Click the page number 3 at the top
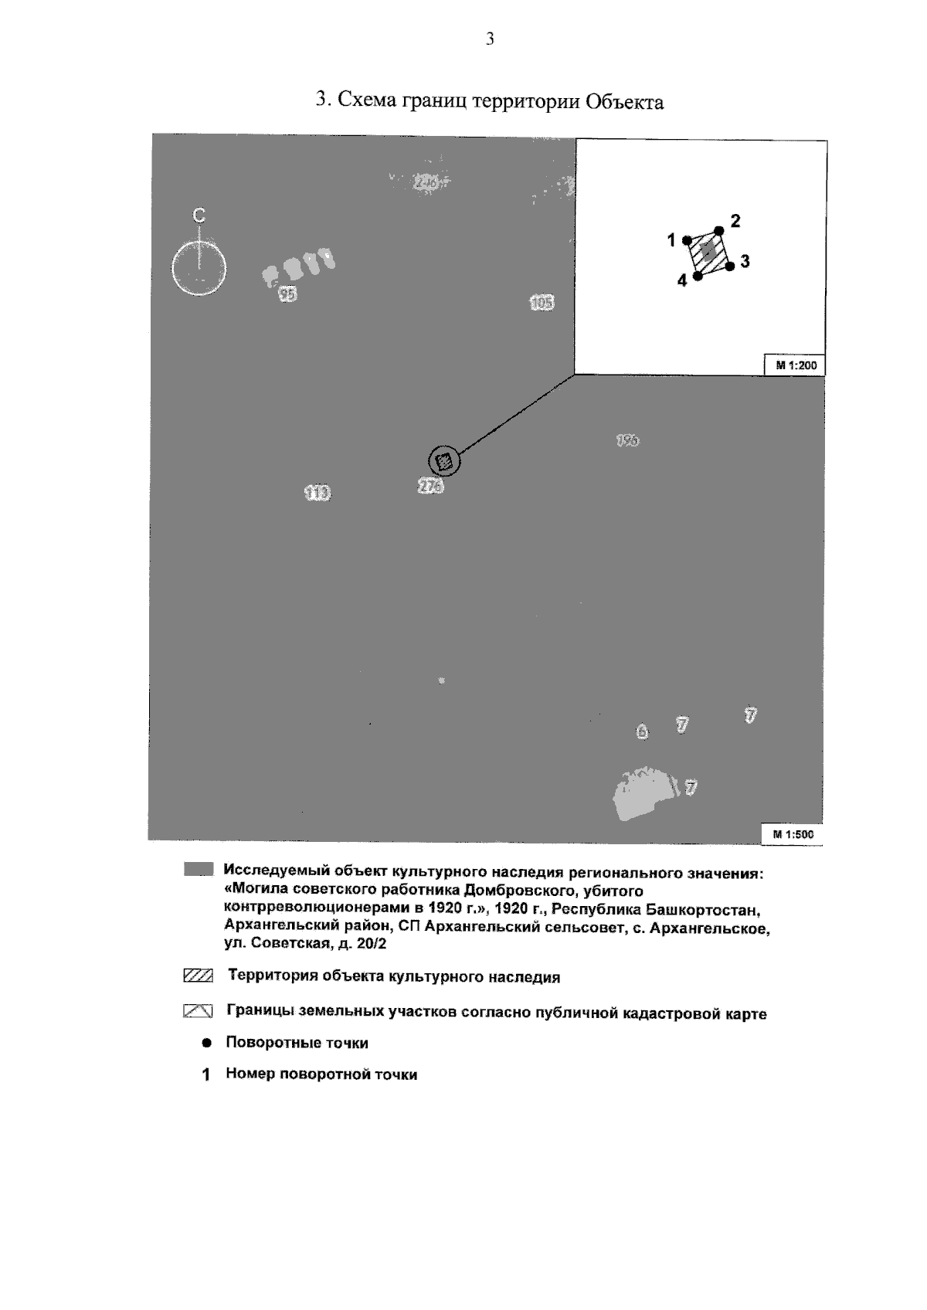(490, 39)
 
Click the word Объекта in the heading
(624, 102)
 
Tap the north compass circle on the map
(199, 269)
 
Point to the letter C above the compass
(199, 216)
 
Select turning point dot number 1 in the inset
(688, 240)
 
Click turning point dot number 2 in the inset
(718, 230)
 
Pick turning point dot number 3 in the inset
(729, 266)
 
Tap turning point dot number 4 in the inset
(698, 276)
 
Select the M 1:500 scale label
(793, 834)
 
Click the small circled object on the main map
(444, 462)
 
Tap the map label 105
(542, 303)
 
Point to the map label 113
(317, 492)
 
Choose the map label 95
(287, 294)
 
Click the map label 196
(627, 440)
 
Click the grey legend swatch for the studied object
(198, 870)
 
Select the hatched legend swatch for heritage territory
(198, 976)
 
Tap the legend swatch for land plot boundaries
(198, 1010)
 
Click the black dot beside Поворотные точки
(206, 1043)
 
